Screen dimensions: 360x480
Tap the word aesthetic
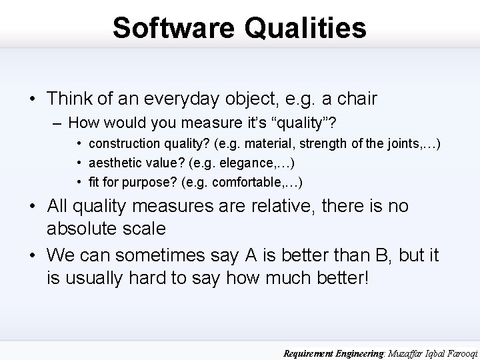[x=114, y=163]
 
